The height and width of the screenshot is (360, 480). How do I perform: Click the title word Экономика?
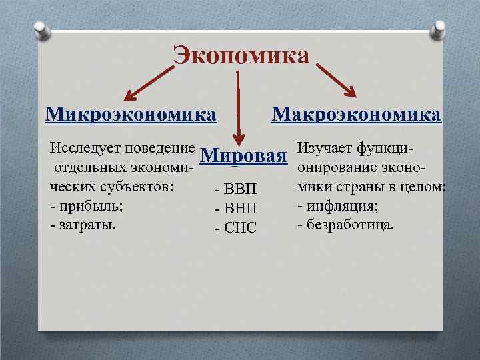tap(241, 55)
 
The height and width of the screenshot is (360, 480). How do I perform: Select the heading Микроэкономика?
tap(131, 113)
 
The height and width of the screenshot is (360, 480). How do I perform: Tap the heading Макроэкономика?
tap(356, 113)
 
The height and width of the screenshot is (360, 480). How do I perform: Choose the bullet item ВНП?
tap(236, 210)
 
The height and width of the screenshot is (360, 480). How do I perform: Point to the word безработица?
tap(350, 225)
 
